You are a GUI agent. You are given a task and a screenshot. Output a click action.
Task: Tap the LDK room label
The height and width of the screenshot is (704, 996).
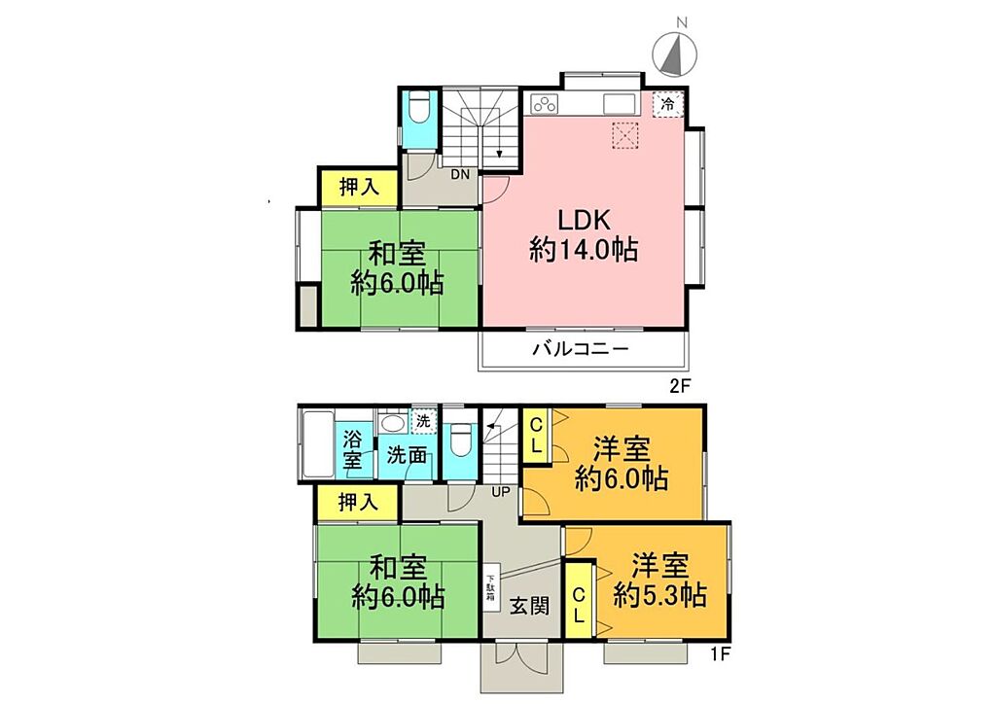tap(584, 221)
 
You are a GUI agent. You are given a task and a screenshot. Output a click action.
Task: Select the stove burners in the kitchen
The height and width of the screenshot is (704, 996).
tap(545, 103)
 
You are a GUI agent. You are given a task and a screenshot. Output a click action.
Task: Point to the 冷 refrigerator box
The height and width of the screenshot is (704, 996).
tap(668, 104)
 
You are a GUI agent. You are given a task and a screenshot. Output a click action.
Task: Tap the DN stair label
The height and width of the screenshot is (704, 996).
tap(460, 173)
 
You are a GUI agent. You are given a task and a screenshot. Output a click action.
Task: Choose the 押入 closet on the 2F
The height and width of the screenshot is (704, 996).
tap(359, 187)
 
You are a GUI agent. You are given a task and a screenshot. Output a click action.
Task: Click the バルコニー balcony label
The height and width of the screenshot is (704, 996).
tap(581, 348)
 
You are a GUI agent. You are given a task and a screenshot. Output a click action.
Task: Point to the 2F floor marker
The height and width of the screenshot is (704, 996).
tap(678, 386)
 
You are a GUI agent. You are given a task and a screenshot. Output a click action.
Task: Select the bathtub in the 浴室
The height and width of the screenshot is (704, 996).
tap(317, 445)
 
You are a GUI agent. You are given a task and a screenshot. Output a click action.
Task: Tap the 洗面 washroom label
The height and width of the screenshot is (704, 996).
tap(407, 454)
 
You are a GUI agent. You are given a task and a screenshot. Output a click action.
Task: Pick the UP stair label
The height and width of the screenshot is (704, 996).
tap(501, 491)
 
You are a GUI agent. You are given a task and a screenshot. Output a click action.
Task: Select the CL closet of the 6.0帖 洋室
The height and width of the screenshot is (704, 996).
tap(536, 435)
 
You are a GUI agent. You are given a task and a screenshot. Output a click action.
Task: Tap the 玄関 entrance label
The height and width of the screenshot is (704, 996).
tap(530, 606)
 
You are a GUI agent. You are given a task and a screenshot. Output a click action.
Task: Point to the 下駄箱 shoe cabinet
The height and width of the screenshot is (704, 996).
tap(491, 588)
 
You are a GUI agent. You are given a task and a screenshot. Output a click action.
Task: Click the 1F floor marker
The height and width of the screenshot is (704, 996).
tap(719, 653)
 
